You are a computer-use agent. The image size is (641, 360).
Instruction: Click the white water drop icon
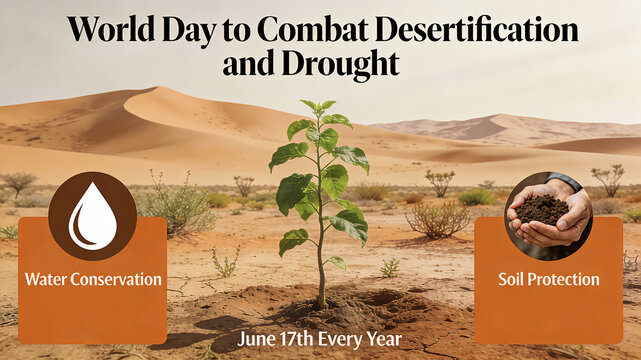click(x=92, y=216)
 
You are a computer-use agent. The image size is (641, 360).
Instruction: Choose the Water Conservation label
click(x=92, y=279)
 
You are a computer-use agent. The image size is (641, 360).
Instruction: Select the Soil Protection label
click(x=548, y=279)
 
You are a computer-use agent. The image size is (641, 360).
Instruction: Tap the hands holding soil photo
click(x=548, y=215)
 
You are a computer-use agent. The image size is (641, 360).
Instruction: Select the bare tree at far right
click(x=607, y=179)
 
